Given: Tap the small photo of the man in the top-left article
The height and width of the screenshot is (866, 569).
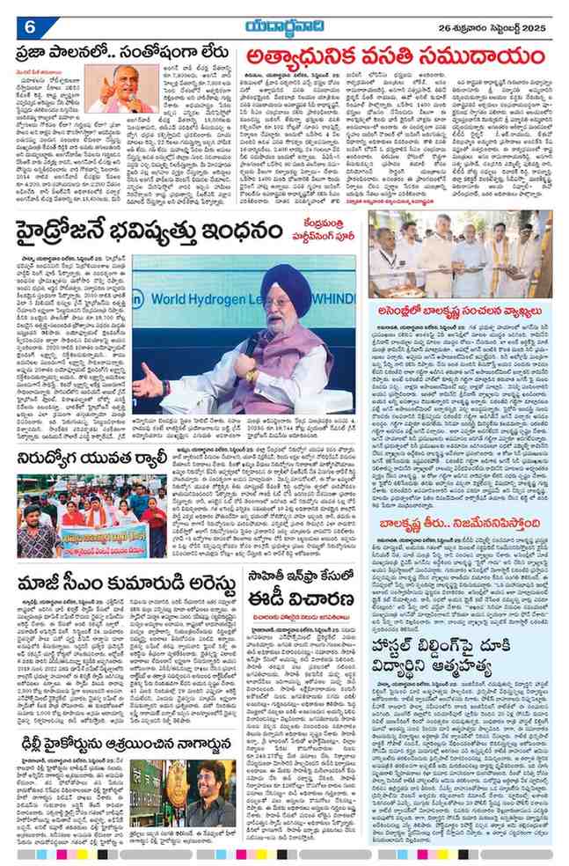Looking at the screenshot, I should [x=123, y=92].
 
